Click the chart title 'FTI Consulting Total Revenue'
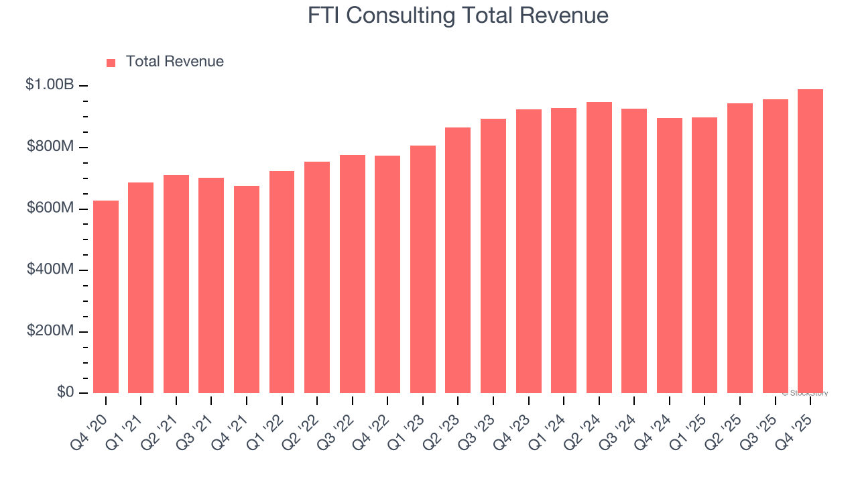click(x=458, y=15)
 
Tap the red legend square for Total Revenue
click(x=111, y=62)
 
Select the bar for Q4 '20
click(x=106, y=297)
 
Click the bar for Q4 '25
click(x=810, y=241)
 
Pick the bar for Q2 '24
click(x=599, y=248)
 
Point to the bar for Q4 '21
click(x=247, y=289)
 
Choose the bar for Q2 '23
click(x=458, y=260)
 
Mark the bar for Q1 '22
click(x=282, y=282)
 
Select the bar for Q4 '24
click(x=669, y=256)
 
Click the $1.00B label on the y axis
click(x=50, y=85)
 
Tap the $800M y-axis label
click(x=51, y=146)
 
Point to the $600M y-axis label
click(x=51, y=208)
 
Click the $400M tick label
click(x=51, y=269)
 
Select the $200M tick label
click(x=51, y=331)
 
